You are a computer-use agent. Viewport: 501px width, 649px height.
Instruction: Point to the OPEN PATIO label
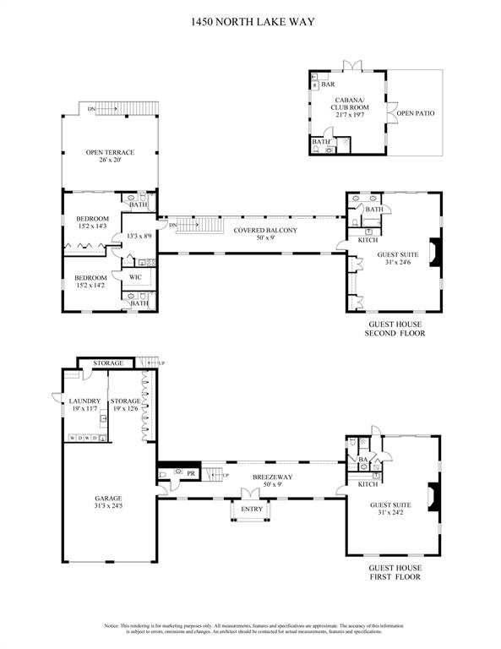[x=416, y=112]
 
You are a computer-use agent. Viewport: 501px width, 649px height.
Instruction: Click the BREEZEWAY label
[x=271, y=477]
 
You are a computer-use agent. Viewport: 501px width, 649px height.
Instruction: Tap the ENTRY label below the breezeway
[x=252, y=509]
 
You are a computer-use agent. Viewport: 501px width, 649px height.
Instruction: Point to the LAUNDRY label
[x=85, y=401]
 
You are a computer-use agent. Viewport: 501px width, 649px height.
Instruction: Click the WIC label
[x=134, y=276]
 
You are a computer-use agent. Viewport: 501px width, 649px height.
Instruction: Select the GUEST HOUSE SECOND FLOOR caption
[x=394, y=329]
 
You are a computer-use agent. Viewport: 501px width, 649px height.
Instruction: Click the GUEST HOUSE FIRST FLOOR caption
[x=394, y=572]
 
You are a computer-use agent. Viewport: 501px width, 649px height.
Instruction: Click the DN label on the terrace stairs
[x=90, y=108]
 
